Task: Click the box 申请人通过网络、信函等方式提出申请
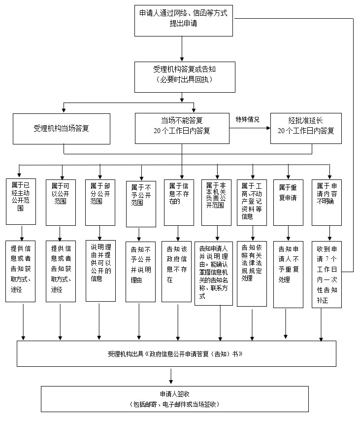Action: pos(184,21)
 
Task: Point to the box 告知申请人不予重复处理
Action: pos(288,274)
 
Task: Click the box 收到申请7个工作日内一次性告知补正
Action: pos(327,274)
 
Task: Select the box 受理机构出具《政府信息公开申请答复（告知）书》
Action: pos(176,353)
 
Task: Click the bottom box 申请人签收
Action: pos(175,398)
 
